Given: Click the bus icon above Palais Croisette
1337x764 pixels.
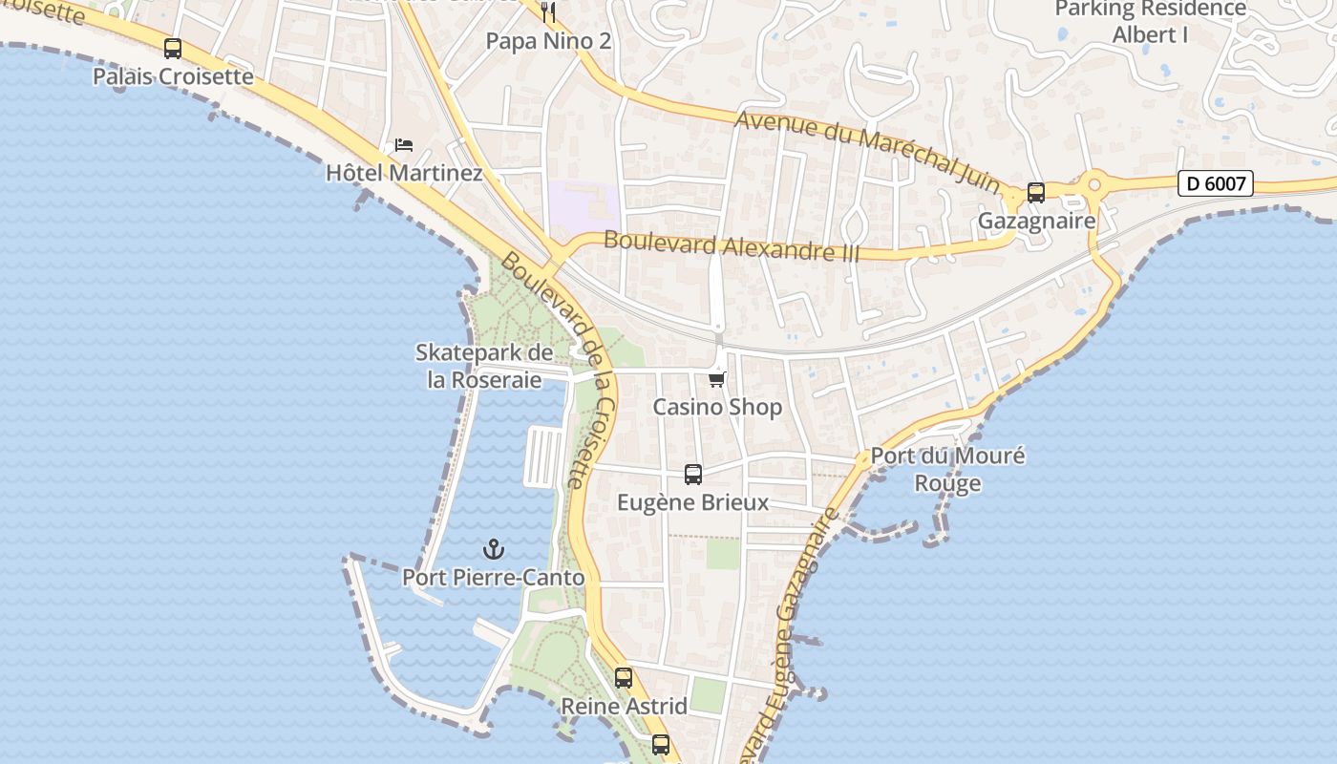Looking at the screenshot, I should coord(173,49).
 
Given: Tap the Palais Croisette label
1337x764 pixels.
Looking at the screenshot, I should coord(173,76).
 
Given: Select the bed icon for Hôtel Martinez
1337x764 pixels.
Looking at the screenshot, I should coord(404,145).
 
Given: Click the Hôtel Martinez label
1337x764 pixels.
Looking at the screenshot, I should coord(404,173).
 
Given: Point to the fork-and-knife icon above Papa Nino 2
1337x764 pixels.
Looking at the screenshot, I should coord(548,12).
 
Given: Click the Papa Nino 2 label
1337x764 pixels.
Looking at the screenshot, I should coord(548,41).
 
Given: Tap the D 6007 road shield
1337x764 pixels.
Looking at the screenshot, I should coord(1215,183).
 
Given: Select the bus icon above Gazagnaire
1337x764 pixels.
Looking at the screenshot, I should coord(1036,193).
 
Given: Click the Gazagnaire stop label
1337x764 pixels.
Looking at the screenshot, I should coord(1036,221).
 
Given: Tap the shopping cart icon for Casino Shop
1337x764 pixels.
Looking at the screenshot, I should coord(717,379).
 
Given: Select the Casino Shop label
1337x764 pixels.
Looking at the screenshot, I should coord(717,407).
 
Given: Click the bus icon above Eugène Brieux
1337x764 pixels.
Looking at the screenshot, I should coord(693,474).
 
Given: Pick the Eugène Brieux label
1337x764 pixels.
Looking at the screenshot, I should coord(693,502).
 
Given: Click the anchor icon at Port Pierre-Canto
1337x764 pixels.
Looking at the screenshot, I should coord(494,549).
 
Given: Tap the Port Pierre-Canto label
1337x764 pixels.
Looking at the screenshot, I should coord(494,577).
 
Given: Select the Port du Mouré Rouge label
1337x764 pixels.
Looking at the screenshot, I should coord(947,469).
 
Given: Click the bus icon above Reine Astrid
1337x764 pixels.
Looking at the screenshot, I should coord(624,678).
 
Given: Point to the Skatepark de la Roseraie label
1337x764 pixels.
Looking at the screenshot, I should coord(484,366).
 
